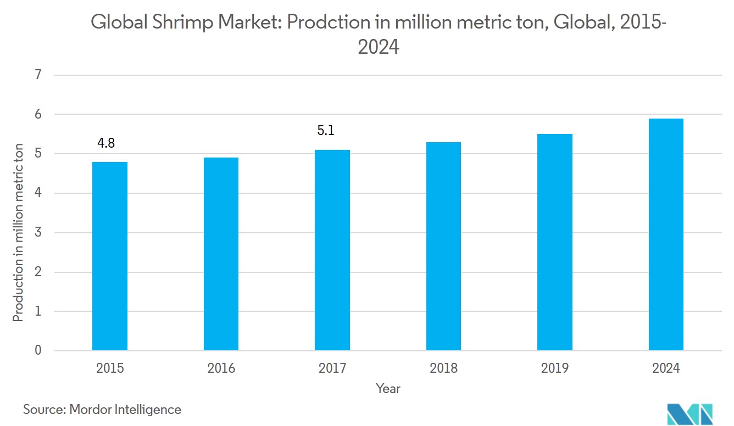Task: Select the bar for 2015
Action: point(110,256)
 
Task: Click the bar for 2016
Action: point(221,254)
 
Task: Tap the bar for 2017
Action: point(332,250)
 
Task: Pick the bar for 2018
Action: point(443,246)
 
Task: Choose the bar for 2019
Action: point(555,242)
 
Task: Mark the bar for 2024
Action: point(666,234)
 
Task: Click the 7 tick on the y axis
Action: point(38,75)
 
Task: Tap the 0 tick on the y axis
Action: point(38,350)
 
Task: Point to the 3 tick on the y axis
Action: point(38,232)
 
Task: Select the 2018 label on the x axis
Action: point(443,368)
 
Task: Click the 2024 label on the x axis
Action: point(666,368)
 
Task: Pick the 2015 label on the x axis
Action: point(110,368)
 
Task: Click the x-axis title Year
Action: point(388,389)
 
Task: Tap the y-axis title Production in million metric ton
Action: point(18,232)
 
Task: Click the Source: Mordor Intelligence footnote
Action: point(102,409)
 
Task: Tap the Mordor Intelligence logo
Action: point(689,413)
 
